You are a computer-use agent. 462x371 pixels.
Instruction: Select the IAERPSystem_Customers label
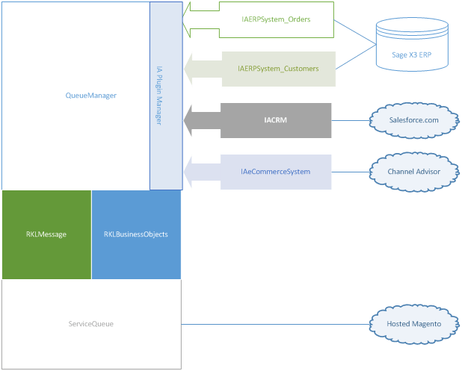tap(277, 69)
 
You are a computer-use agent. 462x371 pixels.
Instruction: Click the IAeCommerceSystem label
tap(275, 171)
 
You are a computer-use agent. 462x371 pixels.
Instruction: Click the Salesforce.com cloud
tap(414, 119)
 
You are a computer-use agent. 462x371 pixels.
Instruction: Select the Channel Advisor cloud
tap(413, 172)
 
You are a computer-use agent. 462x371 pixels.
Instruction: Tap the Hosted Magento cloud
tap(413, 324)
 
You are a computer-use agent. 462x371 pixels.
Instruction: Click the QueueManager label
tap(90, 96)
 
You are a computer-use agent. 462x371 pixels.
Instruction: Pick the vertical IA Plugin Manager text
tap(158, 96)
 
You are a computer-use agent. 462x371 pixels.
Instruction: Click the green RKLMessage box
tap(46, 234)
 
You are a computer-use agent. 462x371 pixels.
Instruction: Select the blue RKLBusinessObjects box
tap(136, 234)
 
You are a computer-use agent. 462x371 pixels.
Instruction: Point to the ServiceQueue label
tap(90, 324)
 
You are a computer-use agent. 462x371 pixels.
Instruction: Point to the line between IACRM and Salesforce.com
tap(351, 119)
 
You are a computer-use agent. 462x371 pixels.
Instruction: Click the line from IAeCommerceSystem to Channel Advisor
tap(351, 172)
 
